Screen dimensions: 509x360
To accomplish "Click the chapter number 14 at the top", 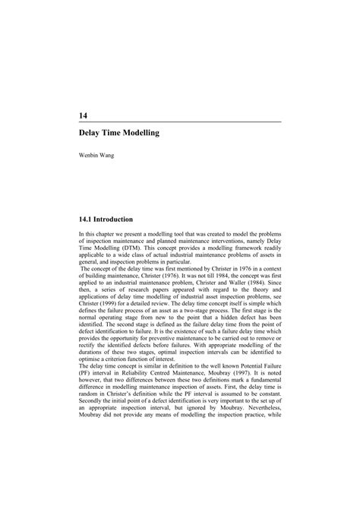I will [83, 115].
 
